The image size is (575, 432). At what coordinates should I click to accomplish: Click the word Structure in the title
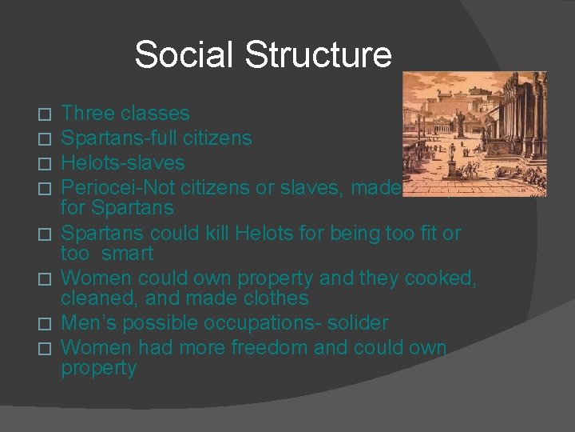click(x=318, y=54)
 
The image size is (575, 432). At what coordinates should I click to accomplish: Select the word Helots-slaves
click(x=123, y=162)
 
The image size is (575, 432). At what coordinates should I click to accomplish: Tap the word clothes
click(x=268, y=298)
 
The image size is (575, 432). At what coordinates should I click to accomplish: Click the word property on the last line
click(x=98, y=369)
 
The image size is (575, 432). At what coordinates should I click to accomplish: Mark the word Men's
click(x=85, y=322)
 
